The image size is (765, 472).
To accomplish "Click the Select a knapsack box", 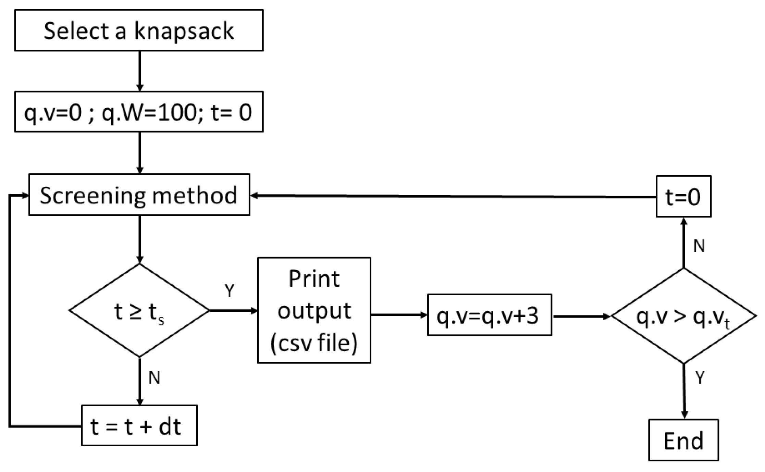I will click(x=139, y=30).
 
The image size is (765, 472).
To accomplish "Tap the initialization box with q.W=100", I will click(x=139, y=112).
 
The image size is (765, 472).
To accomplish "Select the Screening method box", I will click(x=139, y=195).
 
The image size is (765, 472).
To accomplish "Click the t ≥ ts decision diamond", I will click(x=139, y=311).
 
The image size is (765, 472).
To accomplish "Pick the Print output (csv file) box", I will click(x=314, y=310).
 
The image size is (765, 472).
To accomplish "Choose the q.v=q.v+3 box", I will click(x=489, y=315).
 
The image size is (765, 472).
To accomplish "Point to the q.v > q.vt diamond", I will click(x=683, y=316).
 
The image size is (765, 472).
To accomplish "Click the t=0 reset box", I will click(x=683, y=197).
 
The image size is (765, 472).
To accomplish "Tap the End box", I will click(x=683, y=440).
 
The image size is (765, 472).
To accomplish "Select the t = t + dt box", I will click(x=139, y=426).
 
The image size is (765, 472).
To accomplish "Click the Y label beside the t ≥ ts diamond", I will click(x=229, y=291).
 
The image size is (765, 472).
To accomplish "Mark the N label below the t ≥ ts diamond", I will click(x=155, y=378).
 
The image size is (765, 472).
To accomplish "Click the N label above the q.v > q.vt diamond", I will click(x=699, y=246).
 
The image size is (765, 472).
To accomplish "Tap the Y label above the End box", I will click(x=700, y=378).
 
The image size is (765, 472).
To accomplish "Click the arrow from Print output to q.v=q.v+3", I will click(x=399, y=314).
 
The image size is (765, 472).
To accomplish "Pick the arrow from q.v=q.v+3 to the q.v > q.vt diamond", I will click(x=581, y=316).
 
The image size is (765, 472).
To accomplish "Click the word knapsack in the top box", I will click(x=184, y=31).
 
